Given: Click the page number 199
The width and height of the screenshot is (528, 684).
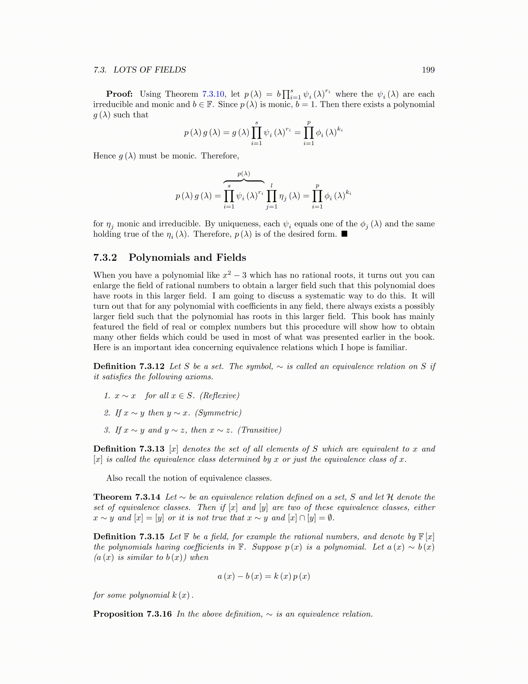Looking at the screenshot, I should click(428, 70).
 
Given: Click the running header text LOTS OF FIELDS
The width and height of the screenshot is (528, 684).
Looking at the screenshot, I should click(150, 70).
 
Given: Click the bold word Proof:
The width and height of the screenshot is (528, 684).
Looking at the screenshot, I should click(119, 94).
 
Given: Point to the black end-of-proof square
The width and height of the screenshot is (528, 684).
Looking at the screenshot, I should click(344, 234).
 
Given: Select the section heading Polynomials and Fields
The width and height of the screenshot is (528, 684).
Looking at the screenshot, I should click(187, 258).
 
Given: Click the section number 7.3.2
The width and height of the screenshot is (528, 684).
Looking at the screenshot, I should click(105, 258).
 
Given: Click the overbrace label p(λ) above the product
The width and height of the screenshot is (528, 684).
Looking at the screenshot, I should click(244, 174).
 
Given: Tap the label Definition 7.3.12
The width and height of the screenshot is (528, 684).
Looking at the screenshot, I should click(129, 367).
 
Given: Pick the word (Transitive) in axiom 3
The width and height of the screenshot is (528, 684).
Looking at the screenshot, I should click(260, 430).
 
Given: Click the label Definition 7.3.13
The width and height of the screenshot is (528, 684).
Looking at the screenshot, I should click(129, 449).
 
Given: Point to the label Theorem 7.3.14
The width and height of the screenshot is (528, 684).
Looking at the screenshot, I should click(127, 497).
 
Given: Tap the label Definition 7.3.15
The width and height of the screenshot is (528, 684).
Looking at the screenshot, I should click(129, 537).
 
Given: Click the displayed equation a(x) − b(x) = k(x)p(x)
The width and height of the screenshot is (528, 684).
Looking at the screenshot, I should click(264, 576).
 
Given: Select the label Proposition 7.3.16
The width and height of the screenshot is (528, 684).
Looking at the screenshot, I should click(132, 614).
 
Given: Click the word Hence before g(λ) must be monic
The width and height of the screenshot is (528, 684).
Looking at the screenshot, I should click(104, 156).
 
